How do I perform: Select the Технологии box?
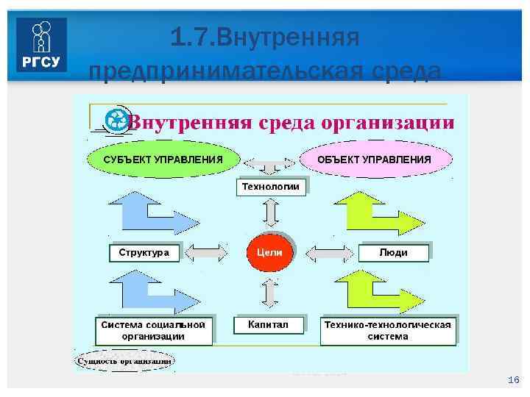tap(271, 187)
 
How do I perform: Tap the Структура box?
tap(144, 253)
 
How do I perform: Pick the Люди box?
tap(394, 253)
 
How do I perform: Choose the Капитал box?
tap(269, 324)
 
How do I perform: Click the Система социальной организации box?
tap(154, 330)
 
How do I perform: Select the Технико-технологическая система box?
tap(388, 330)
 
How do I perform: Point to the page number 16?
tap(514, 380)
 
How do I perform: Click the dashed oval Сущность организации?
tap(125, 361)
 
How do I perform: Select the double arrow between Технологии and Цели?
tap(270, 214)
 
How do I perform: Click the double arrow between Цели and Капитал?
tap(270, 293)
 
